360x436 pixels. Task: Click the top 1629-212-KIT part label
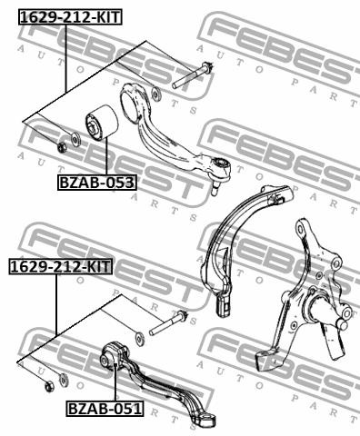[71, 17]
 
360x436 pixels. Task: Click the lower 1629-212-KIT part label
[61, 267]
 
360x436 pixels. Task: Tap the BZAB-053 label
[97, 183]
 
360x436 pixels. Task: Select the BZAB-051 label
[105, 409]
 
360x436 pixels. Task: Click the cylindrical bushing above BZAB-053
[101, 123]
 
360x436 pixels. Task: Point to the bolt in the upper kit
[193, 75]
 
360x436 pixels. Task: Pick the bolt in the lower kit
[168, 323]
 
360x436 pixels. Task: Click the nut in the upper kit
[62, 147]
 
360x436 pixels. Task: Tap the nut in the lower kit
[49, 387]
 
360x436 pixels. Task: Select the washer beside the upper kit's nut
[75, 138]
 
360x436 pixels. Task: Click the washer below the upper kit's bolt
[155, 93]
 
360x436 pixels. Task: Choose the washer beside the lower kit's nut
[63, 379]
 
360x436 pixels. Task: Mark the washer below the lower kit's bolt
[140, 339]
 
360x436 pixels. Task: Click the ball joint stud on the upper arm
[215, 188]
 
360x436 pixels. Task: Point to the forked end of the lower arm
[206, 420]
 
